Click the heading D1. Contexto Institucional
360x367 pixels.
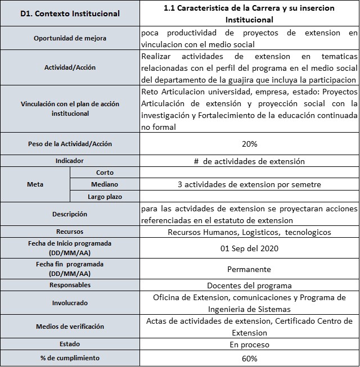click(x=70, y=13)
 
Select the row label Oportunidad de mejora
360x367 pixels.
click(x=70, y=38)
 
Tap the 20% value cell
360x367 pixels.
click(x=249, y=144)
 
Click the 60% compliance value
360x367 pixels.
click(x=249, y=359)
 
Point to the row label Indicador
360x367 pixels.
click(x=70, y=161)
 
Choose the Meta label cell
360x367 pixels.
click(x=35, y=184)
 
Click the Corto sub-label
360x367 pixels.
click(x=105, y=173)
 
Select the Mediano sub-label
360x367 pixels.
click(x=105, y=184)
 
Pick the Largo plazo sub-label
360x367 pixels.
click(x=105, y=196)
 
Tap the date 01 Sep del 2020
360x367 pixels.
click(x=249, y=248)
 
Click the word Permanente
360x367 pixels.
click(x=249, y=269)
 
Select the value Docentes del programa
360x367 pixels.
click(x=249, y=286)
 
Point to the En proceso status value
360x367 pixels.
click(x=249, y=345)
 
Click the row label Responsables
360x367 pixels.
click(x=70, y=285)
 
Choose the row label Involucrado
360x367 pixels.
click(x=70, y=303)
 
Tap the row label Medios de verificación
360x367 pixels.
click(x=70, y=327)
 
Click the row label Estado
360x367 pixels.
click(x=70, y=344)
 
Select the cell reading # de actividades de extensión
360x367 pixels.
click(x=249, y=161)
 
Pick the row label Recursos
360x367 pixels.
click(x=70, y=232)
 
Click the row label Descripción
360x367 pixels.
click(x=70, y=214)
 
